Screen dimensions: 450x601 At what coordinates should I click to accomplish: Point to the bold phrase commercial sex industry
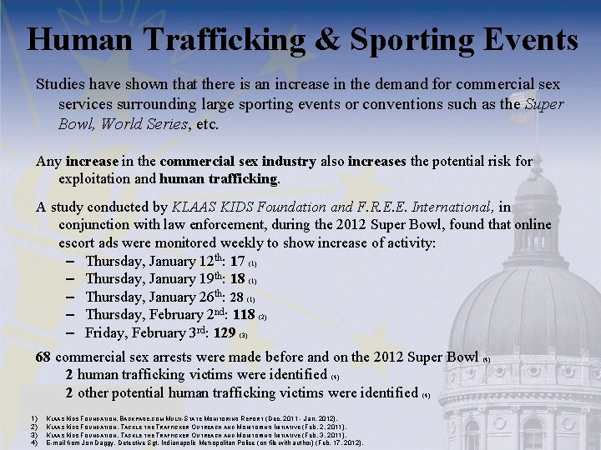point(238,161)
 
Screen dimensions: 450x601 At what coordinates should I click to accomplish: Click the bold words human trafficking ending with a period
point(220,178)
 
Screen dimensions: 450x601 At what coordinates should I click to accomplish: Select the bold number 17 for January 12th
point(237,262)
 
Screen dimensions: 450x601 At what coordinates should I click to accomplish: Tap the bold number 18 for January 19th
point(237,279)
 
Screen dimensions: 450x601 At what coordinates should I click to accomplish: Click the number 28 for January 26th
point(237,297)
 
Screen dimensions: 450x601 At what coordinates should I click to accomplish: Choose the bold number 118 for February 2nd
point(244,315)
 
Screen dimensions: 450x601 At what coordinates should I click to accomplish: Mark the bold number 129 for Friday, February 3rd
point(225,332)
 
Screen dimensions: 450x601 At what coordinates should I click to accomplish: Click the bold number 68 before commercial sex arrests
point(43,357)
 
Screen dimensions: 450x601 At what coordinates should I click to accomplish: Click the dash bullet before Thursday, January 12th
point(71,262)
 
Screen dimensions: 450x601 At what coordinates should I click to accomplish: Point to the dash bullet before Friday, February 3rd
point(71,332)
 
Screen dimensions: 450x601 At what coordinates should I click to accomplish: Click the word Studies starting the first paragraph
point(61,85)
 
